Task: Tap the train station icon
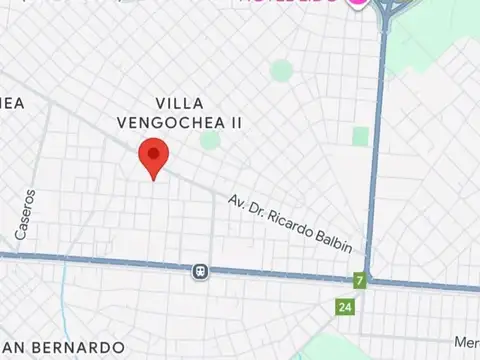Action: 201,271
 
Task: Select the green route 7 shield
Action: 358,281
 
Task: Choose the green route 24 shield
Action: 345,306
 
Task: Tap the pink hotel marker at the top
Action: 356,3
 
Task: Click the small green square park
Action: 360,136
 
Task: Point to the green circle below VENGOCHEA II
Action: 209,140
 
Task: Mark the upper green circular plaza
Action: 282,70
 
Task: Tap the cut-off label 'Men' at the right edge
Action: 466,343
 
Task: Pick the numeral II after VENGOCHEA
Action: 238,122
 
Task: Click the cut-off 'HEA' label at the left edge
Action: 10,103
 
